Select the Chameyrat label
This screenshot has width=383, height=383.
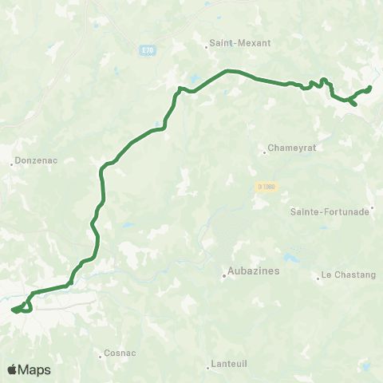click(x=289, y=148)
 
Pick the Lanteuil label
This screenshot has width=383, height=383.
click(x=228, y=366)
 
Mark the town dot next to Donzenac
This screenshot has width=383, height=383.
click(x=13, y=164)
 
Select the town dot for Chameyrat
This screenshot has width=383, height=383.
click(x=264, y=152)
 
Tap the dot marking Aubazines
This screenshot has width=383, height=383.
click(x=224, y=277)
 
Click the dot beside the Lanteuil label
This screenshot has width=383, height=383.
click(x=207, y=366)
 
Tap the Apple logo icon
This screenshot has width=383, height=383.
click(x=12, y=369)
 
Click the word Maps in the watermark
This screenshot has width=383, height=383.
click(x=35, y=369)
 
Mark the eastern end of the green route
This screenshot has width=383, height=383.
click(x=371, y=87)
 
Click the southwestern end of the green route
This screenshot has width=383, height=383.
click(x=12, y=310)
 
